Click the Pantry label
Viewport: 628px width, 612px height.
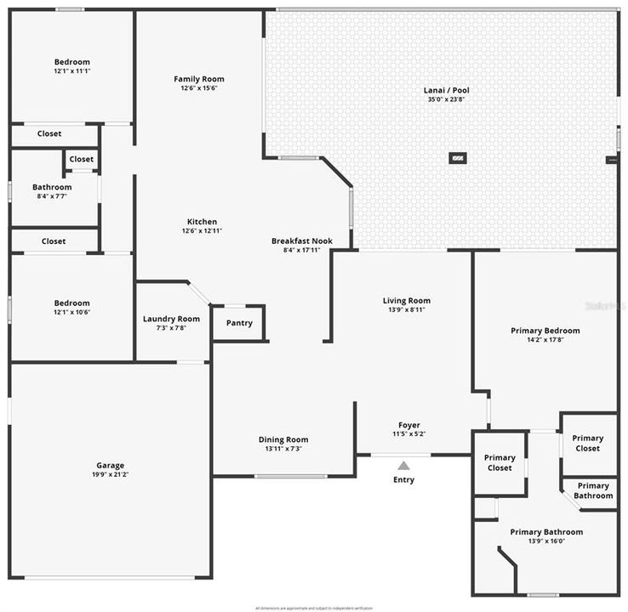tap(239, 323)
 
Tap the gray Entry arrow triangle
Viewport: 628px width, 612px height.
tap(403, 465)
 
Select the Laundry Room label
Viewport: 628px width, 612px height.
tap(171, 319)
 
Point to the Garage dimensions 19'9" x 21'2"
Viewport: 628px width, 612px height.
tap(111, 474)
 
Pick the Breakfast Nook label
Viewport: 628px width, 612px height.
tap(302, 241)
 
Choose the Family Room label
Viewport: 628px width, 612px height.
tap(199, 79)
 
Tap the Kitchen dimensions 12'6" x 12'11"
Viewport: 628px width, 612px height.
tap(202, 231)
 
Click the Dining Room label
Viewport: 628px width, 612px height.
tap(283, 439)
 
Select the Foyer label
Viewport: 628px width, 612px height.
tap(409, 425)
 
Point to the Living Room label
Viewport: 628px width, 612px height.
tap(407, 300)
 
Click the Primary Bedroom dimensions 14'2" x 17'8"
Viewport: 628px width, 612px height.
tap(545, 340)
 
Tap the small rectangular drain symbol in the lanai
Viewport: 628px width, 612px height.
tap(458, 157)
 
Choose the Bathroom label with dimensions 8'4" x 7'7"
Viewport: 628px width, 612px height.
tap(52, 187)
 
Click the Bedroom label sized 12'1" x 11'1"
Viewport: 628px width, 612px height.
tap(72, 62)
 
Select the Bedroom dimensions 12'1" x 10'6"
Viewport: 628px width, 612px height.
tap(72, 312)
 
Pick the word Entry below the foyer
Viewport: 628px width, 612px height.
tap(403, 480)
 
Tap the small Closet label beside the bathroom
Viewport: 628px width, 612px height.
tap(82, 159)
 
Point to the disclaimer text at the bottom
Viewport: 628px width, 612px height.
tap(314, 608)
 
